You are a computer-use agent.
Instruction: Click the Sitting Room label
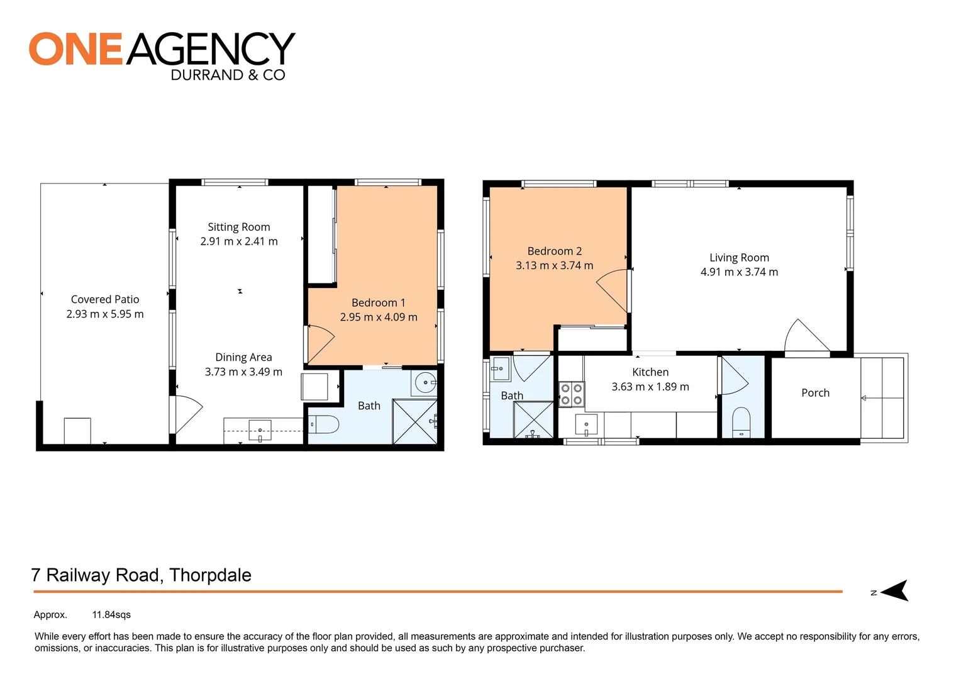pyautogui.click(x=239, y=227)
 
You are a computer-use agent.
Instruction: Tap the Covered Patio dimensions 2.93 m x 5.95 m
pyautogui.click(x=105, y=314)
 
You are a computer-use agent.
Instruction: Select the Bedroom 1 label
pyautogui.click(x=378, y=302)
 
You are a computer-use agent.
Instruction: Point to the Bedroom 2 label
pyautogui.click(x=554, y=251)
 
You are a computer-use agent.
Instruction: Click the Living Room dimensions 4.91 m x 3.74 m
pyautogui.click(x=739, y=272)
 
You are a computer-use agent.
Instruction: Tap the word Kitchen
pyautogui.click(x=650, y=372)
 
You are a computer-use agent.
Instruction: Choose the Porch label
pyautogui.click(x=815, y=393)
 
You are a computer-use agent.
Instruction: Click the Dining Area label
pyautogui.click(x=243, y=357)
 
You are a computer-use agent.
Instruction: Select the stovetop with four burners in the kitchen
pyautogui.click(x=572, y=394)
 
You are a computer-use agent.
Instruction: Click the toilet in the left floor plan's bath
pyautogui.click(x=324, y=425)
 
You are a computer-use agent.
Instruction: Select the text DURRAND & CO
pyautogui.click(x=228, y=75)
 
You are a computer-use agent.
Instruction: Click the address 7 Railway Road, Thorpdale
pyautogui.click(x=142, y=575)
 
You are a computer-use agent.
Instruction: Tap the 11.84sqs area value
pyautogui.click(x=111, y=615)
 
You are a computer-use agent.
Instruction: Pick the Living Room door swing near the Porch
pyautogui.click(x=805, y=336)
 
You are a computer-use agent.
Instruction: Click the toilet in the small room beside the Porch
pyautogui.click(x=742, y=421)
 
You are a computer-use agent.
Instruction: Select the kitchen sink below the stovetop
pyautogui.click(x=586, y=425)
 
